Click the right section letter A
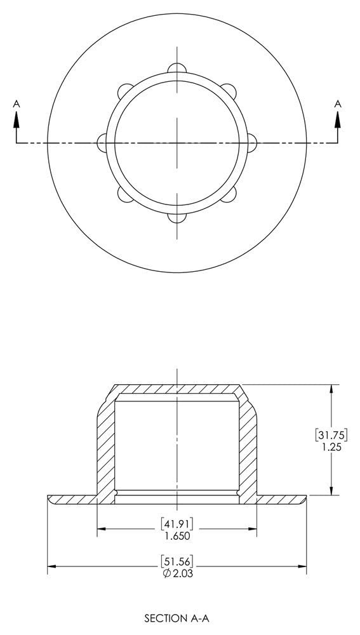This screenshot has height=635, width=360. [x=338, y=103]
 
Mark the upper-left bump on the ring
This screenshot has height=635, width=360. [x=123, y=91]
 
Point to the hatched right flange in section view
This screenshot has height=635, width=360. [x=282, y=500]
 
